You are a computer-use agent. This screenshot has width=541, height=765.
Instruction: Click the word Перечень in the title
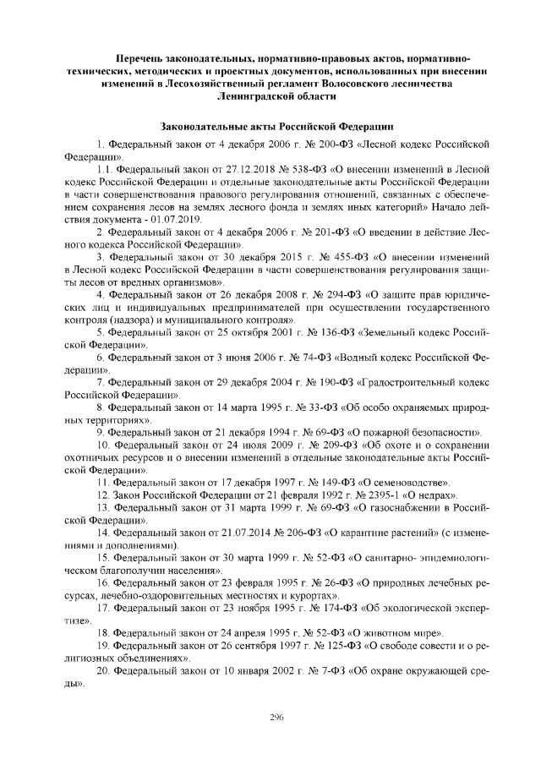tap(144, 58)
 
